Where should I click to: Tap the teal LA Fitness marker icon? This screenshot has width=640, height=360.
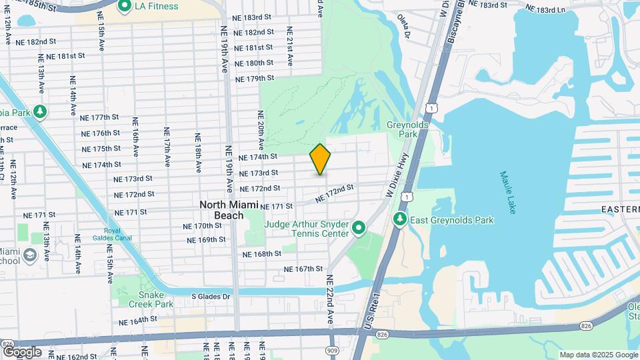124,7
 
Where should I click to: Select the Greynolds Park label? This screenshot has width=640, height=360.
401,129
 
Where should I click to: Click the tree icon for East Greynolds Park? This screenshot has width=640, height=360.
400,219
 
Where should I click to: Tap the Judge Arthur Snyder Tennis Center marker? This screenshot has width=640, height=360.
359,229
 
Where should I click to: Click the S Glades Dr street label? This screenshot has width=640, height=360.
211,297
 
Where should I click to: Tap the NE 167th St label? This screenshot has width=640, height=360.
303,269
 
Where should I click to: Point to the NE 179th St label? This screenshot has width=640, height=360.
256,79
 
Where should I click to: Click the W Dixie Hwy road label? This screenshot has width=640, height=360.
397,170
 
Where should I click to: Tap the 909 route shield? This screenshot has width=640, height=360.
331,349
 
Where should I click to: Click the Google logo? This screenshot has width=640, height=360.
22,351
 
